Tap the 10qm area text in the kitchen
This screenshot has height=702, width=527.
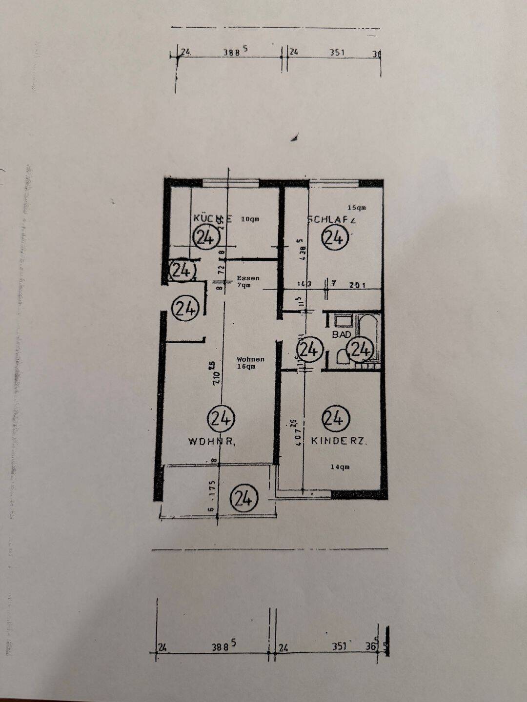pyautogui.click(x=249, y=219)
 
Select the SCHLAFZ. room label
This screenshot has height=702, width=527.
pyautogui.click(x=332, y=220)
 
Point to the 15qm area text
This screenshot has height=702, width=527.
pyautogui.click(x=356, y=208)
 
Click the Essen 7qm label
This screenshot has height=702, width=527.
pyautogui.click(x=248, y=281)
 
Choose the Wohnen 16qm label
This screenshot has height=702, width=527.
pyautogui.click(x=250, y=362)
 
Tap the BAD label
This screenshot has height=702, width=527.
pyautogui.click(x=342, y=334)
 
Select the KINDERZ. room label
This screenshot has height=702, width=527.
pyautogui.click(x=339, y=441)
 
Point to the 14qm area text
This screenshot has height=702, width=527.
pyautogui.click(x=340, y=467)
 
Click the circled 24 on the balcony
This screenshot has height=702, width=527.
pyautogui.click(x=243, y=498)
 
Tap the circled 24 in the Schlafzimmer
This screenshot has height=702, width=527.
pyautogui.click(x=335, y=238)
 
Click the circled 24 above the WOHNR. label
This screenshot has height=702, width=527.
pyautogui.click(x=221, y=418)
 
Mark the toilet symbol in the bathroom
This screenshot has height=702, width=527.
pyautogui.click(x=343, y=357)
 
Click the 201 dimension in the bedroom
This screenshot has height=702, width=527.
pyautogui.click(x=358, y=285)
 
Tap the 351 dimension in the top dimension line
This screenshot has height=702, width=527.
pyautogui.click(x=337, y=52)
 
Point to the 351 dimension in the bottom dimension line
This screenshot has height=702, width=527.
pyautogui.click(x=339, y=646)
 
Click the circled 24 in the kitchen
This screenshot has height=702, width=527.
pyautogui.click(x=207, y=238)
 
